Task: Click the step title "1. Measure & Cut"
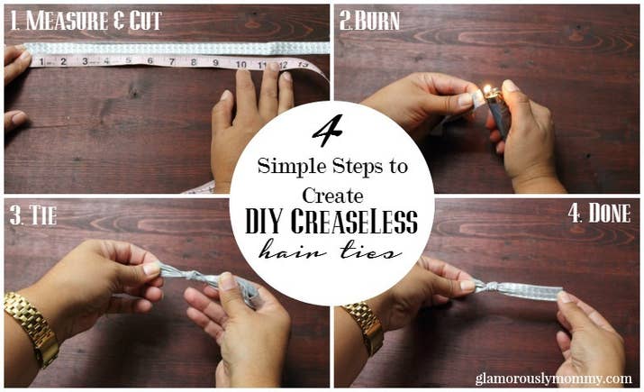tap(86, 21)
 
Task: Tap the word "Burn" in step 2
tap(377, 22)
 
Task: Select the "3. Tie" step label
tap(32, 215)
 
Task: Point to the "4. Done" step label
tap(599, 213)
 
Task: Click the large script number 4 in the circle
tap(329, 131)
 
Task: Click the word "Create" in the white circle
tap(332, 196)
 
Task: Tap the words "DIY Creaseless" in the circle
tap(331, 222)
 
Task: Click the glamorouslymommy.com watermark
tap(554, 378)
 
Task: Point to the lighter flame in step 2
tap(487, 89)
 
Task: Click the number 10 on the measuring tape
tap(241, 64)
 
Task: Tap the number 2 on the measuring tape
tap(63, 61)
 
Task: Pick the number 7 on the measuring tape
tap(172, 61)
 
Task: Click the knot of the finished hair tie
tap(485, 287)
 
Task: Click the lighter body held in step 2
tap(498, 112)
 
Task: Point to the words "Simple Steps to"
tap(332, 167)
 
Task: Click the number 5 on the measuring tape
tap(129, 60)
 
